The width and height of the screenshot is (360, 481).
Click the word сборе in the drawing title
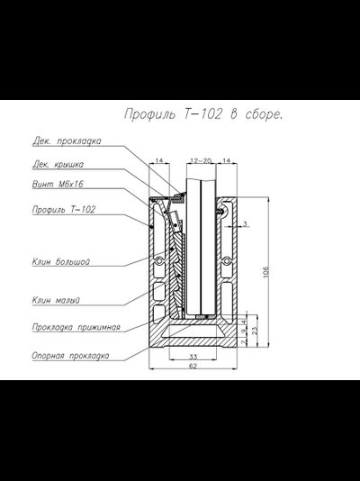pos(264,114)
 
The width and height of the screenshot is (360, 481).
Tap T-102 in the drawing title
pos(202,114)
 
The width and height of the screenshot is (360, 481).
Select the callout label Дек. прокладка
pos(67,141)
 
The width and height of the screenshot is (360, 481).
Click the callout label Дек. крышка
pos(58,165)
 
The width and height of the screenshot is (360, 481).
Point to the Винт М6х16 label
pos(58,184)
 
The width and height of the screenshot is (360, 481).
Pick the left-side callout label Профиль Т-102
pos(64,210)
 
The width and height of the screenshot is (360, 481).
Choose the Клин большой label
pos(61,261)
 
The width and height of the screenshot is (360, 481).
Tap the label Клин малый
pos(56,300)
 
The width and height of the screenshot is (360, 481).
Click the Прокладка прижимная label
pos(76,327)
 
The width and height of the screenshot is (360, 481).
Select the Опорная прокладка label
pos(70,356)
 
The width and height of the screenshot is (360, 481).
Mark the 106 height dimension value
pos(265,272)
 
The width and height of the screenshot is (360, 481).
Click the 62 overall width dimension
pos(193,366)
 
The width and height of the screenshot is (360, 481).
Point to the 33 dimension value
pos(193,357)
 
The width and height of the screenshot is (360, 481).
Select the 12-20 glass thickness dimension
pos(201,160)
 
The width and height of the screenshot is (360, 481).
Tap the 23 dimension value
pos(255,331)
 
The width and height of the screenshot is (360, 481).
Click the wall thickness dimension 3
pos(245,224)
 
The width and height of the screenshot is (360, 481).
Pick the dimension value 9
pos(244,331)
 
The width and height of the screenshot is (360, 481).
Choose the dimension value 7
pos(244,342)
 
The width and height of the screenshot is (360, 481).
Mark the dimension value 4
pos(244,322)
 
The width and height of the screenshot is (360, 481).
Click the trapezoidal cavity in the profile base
pos(193,331)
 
